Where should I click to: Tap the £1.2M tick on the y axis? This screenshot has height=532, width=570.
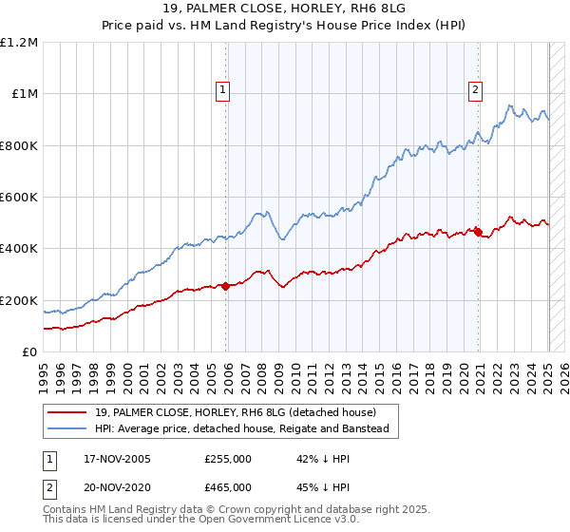pos(19,43)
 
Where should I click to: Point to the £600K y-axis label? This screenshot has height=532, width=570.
pos(19,198)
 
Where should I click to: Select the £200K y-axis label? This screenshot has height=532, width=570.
pos(19,300)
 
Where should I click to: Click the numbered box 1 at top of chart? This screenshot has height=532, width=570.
pos(222,90)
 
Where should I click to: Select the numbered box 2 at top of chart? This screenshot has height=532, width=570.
pos(474,90)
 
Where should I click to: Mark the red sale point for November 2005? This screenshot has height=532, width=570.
pos(226,286)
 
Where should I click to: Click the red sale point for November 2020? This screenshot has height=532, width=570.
pos(479,231)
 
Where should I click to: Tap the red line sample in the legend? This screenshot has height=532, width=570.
pos(68,411)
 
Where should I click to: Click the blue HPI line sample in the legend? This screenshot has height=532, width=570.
pos(68,429)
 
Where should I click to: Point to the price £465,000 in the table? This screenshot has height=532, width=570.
pos(228,486)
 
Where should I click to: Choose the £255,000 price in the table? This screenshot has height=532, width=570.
pos(228,459)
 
